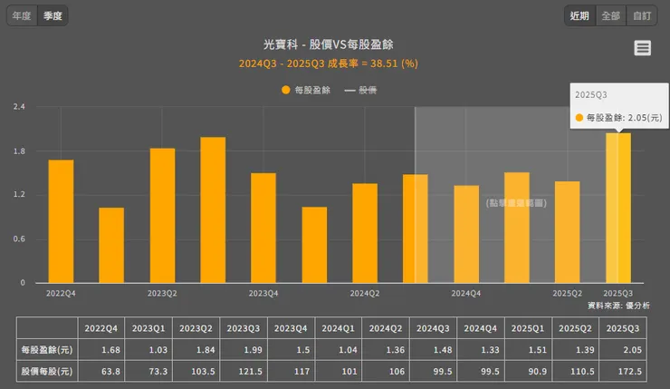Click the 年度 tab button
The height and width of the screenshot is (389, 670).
pos(22,15)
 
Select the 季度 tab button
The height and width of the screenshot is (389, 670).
pos(53,15)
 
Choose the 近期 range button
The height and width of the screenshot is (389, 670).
pos(579,15)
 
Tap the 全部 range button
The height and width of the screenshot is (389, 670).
pos(610,15)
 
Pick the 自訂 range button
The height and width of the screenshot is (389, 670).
pos(642,15)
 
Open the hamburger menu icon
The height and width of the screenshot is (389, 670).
pos(643,48)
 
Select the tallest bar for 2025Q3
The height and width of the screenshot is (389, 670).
pos(617,208)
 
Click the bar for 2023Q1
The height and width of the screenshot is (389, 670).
pos(111,245)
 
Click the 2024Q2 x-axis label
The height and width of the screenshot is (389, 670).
pos(365,294)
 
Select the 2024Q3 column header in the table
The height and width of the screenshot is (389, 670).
pos(430,327)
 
